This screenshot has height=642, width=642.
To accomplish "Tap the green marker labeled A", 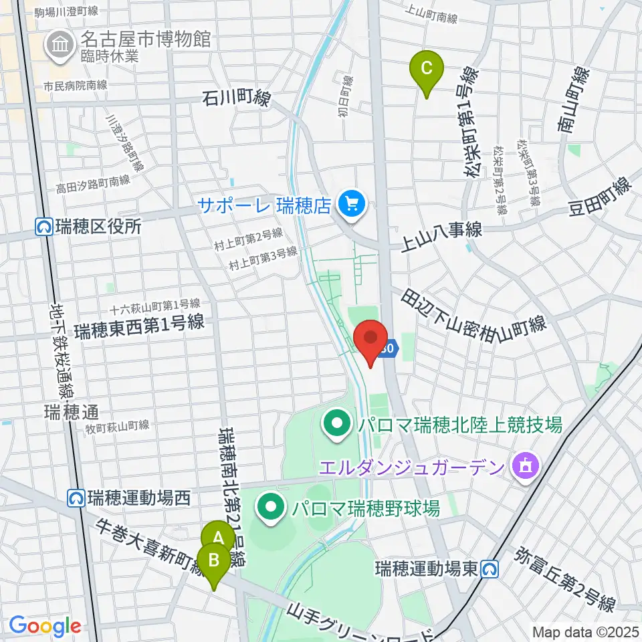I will (x=218, y=537).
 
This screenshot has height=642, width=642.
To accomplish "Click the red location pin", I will (x=370, y=338).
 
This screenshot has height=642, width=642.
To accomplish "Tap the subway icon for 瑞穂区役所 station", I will (x=45, y=227).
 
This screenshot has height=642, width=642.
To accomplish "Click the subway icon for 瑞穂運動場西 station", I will (x=77, y=498).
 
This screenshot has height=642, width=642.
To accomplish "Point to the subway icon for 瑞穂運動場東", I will (x=491, y=569).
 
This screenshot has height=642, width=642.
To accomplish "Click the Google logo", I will (x=45, y=626).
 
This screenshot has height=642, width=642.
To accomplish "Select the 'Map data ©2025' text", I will (x=585, y=631).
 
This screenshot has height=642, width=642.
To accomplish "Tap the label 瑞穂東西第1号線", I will (x=139, y=327).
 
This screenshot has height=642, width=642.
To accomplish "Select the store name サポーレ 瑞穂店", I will (x=265, y=205).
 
